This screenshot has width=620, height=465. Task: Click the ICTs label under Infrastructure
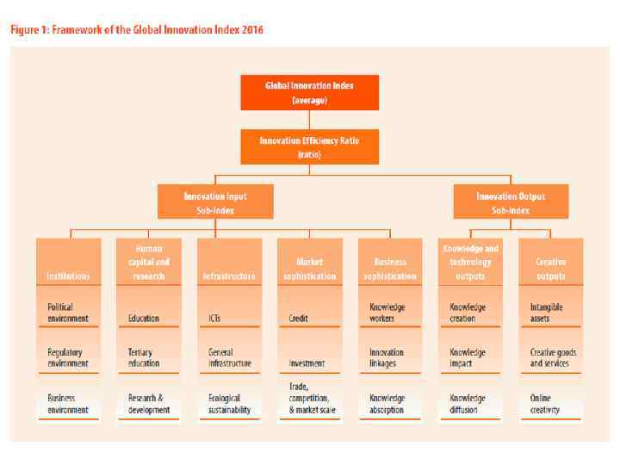(x=216, y=318)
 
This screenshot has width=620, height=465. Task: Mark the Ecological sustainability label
(x=229, y=405)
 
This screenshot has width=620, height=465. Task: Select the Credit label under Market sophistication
(x=299, y=318)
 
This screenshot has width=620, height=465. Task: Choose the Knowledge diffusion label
(x=468, y=405)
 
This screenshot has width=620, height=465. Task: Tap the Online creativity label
(x=545, y=405)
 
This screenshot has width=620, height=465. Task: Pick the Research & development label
(x=147, y=405)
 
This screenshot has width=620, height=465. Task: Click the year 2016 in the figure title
(x=251, y=30)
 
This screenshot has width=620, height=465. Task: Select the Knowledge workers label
(x=387, y=312)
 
